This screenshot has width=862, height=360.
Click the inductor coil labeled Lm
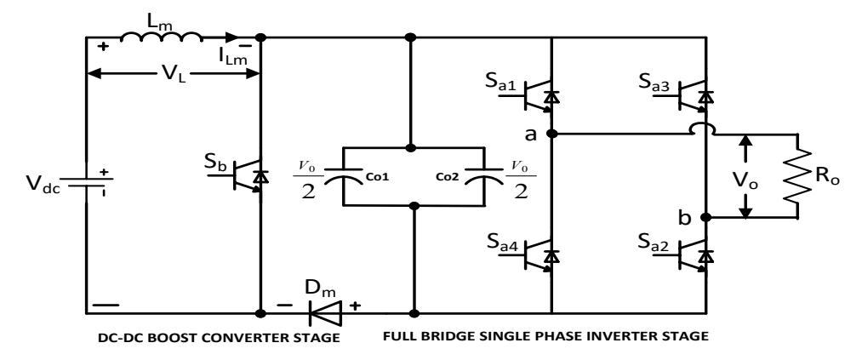[161, 37]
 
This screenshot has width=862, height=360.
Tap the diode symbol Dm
[325, 313]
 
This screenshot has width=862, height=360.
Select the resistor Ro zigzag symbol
[797, 176]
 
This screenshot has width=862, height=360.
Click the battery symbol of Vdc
[87, 182]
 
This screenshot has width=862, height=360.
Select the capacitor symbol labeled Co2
[483, 176]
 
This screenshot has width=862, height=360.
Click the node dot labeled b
[706, 218]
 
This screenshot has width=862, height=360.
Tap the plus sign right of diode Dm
[356, 306]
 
